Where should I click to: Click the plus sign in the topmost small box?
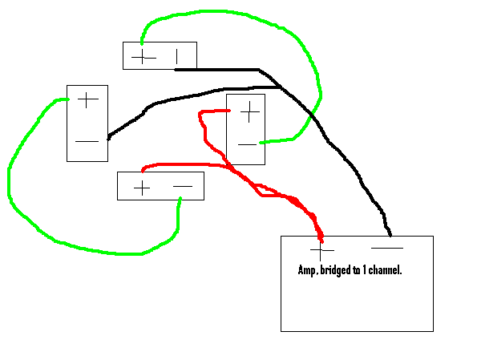pos(143,57)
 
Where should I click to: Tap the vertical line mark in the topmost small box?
pos(176,57)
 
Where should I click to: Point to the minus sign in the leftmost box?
pos(87,141)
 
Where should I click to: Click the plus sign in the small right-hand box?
pos(249,112)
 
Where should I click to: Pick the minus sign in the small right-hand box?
pos(247,144)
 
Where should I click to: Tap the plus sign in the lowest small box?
pos(142,188)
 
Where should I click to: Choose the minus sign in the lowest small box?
pos(183,186)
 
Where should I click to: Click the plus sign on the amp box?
pos(321,250)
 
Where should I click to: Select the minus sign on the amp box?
pos(387,248)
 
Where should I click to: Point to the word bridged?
pos(336,270)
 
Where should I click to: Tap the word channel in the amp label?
pos(385,270)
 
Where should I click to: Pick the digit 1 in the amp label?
pos(365,270)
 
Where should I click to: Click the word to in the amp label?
pos(357,270)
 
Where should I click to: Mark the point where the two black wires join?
pos(280,87)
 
